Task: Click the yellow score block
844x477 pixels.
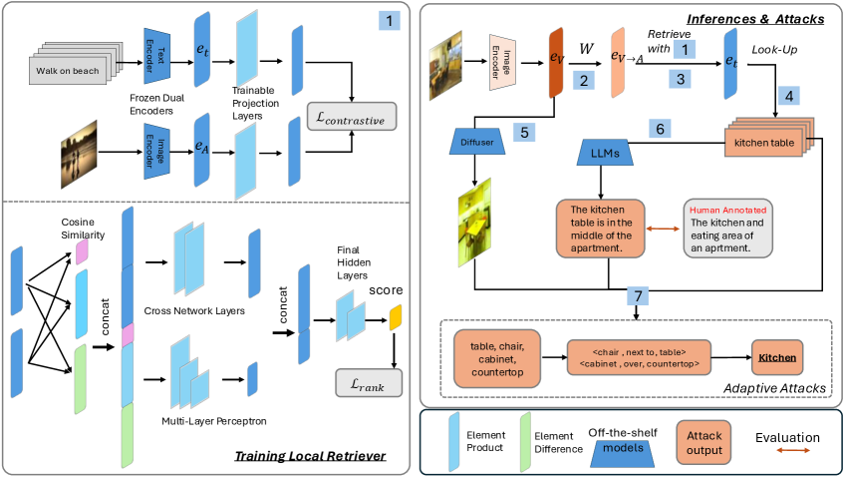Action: (395, 319)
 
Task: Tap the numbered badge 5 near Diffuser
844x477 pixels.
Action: (525, 131)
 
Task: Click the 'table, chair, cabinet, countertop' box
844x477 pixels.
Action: (495, 356)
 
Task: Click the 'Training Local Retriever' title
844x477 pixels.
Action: (309, 457)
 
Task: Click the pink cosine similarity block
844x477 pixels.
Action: (82, 254)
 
